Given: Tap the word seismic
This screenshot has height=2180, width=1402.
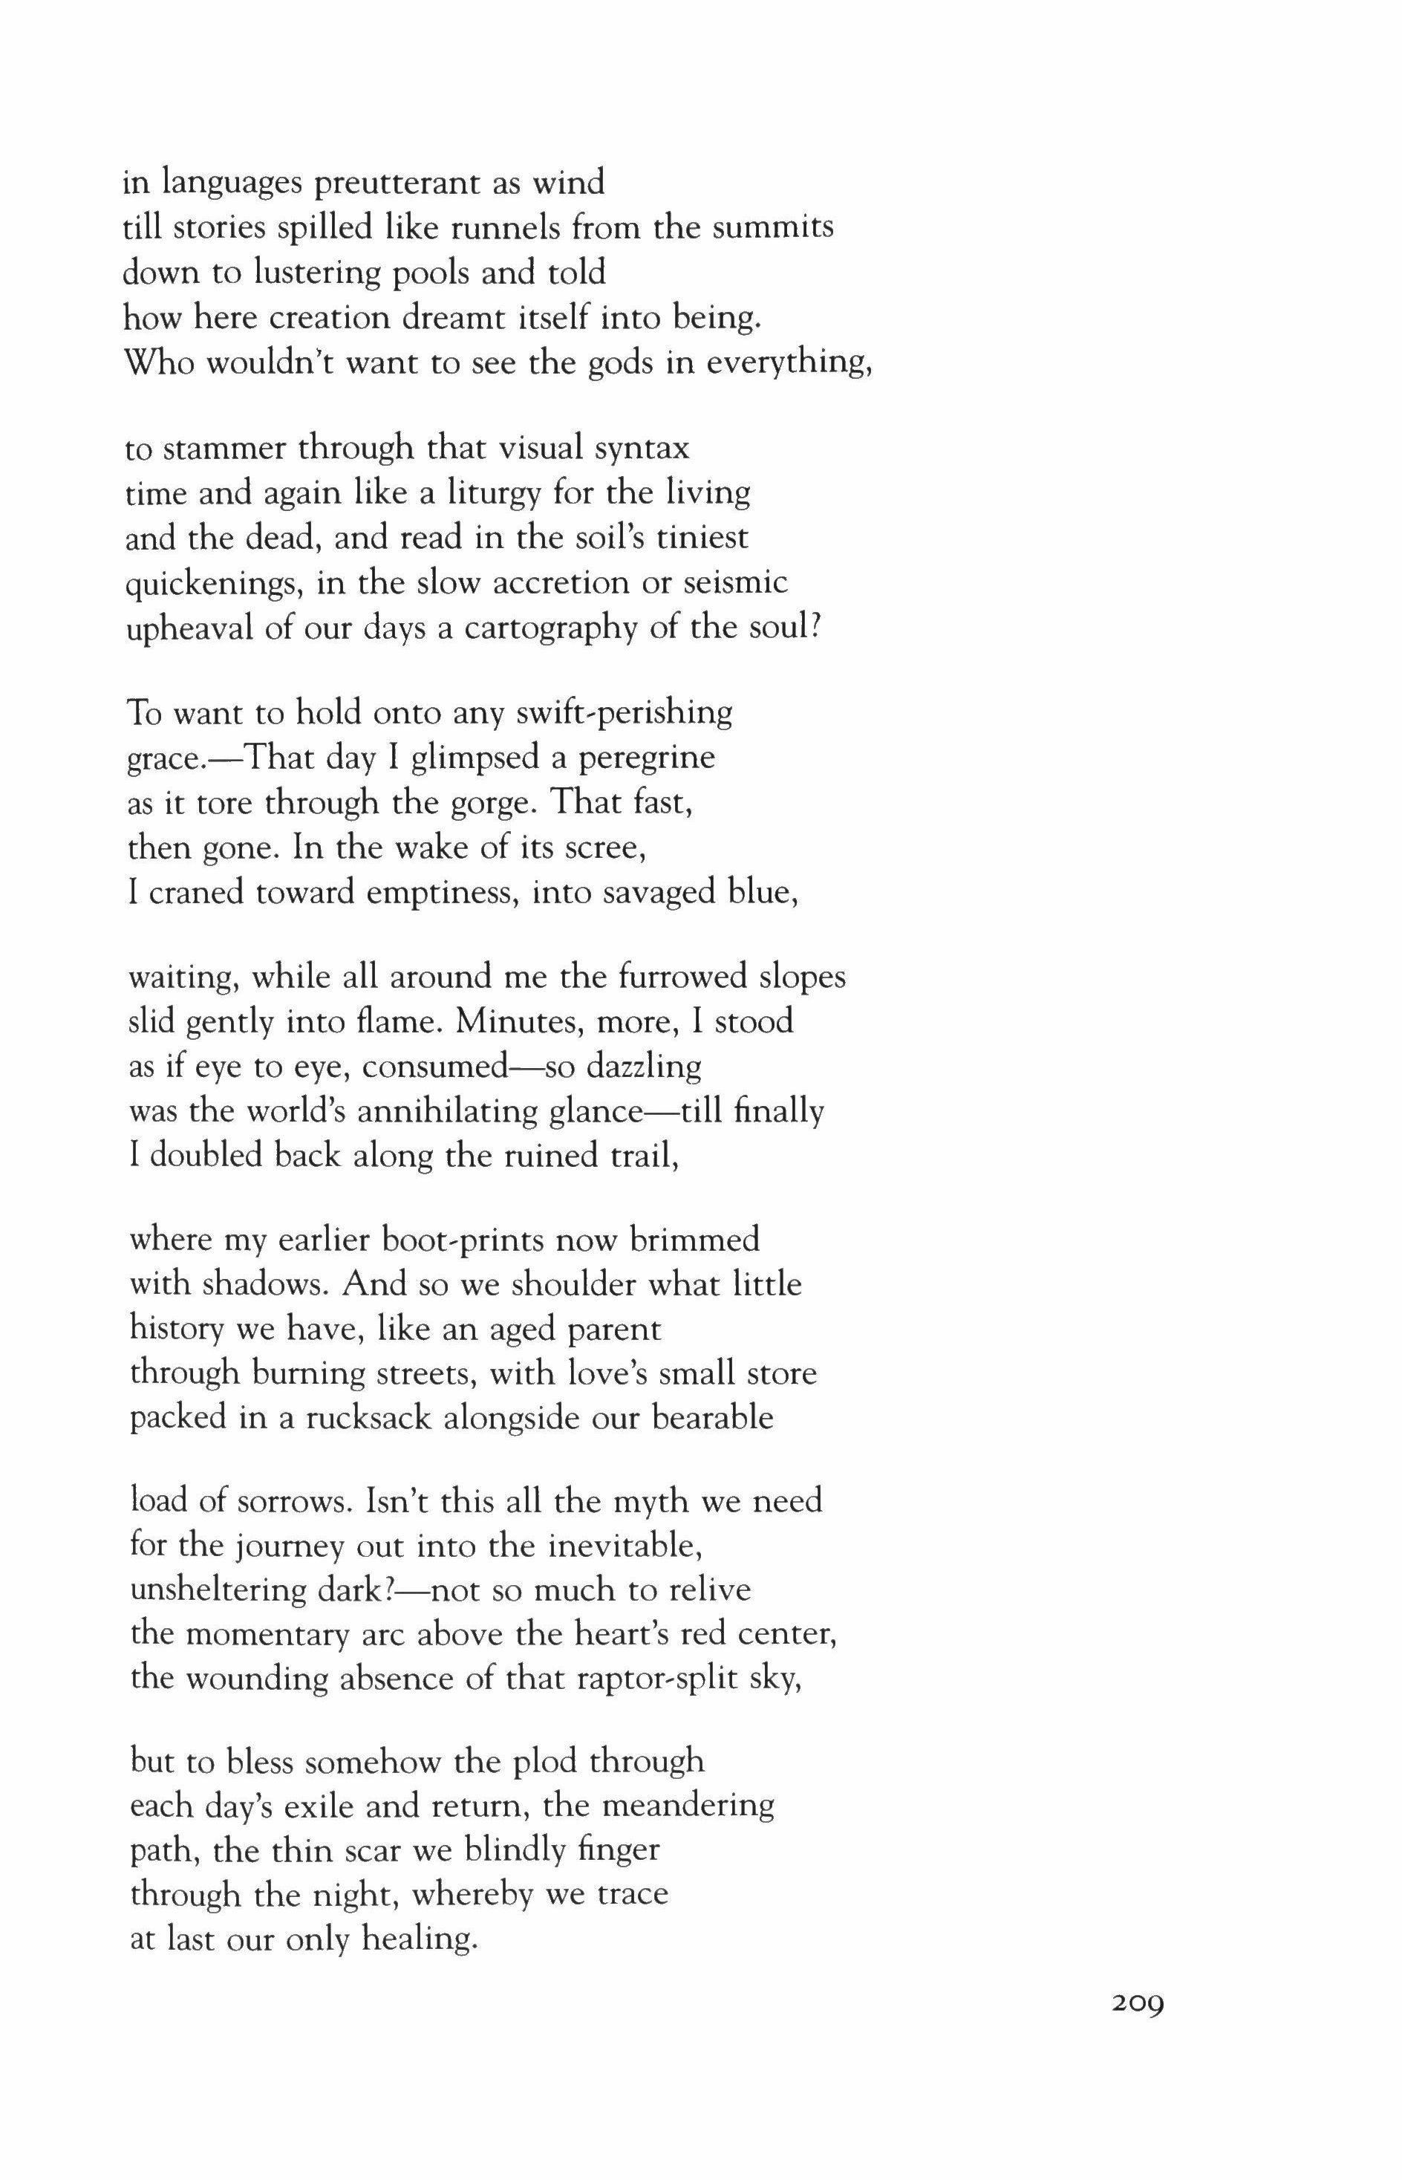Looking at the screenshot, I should coord(736,583).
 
